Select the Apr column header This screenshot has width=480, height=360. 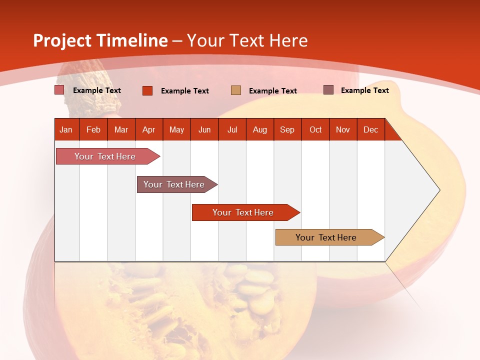click(149, 129)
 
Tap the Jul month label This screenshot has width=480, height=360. click(232, 129)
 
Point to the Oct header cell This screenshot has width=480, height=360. click(315, 129)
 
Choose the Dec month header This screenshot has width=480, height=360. click(371, 129)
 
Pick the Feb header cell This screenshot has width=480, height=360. click(93, 129)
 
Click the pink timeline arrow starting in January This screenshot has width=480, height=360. click(108, 156)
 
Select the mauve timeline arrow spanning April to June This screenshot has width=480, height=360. click(177, 184)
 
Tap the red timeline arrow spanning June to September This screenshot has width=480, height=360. click(246, 212)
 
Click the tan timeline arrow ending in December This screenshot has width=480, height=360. click(330, 237)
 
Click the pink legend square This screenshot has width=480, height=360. click(59, 90)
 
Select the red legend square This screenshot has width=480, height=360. click(147, 90)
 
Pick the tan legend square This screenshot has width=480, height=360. click(235, 90)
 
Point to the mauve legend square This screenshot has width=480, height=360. click(328, 90)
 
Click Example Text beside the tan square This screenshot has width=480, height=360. click(273, 91)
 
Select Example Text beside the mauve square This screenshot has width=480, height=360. click(365, 90)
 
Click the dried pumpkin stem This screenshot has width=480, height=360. click(92, 89)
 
